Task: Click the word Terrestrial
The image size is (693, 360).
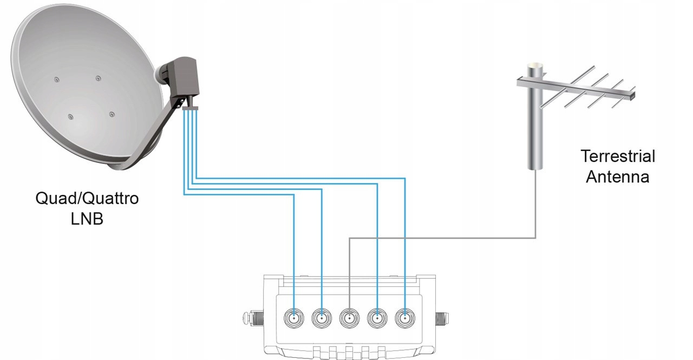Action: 618,156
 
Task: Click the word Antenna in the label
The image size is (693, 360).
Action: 618,177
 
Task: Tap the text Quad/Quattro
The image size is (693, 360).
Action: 87,199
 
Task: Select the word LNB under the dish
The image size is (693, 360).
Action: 87,220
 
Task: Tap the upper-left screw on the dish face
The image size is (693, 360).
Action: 56,80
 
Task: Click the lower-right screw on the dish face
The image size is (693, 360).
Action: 112,114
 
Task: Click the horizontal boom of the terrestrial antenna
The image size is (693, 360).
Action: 579,89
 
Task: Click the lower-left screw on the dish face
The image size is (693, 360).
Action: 70,117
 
